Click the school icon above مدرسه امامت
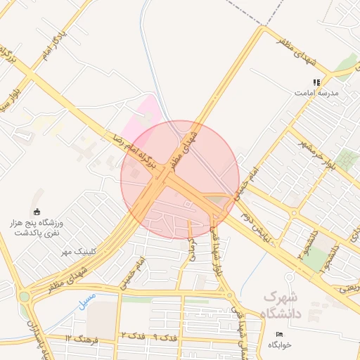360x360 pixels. [316, 82]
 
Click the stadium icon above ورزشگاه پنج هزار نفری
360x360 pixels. [37, 212]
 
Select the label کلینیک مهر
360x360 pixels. [77, 251]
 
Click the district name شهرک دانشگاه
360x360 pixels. [281, 304]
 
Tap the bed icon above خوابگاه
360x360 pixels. [279, 334]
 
